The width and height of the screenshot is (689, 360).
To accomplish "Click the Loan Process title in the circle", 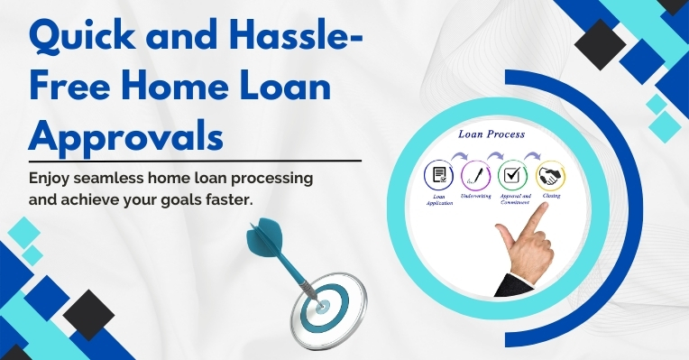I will point(491,134).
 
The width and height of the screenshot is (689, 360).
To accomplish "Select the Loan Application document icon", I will point(439,174).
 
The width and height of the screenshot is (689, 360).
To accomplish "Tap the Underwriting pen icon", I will point(474,174).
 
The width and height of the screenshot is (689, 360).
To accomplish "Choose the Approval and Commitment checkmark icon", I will point(511,174).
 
